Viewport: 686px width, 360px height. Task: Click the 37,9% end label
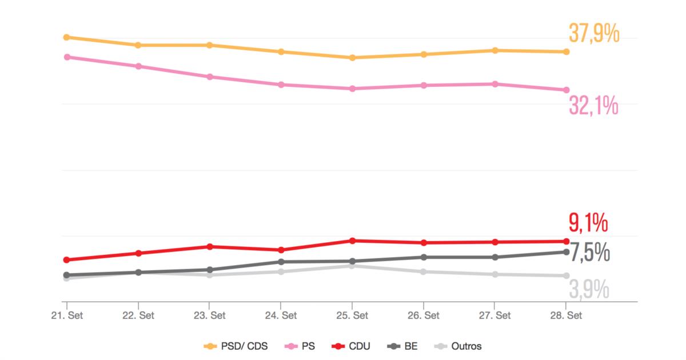(593, 34)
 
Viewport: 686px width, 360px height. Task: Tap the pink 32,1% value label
(593, 106)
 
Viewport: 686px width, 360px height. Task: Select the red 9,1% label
(588, 223)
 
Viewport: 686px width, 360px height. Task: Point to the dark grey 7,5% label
(590, 253)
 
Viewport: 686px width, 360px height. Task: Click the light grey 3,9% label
(588, 290)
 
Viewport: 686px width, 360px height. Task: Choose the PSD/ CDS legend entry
(236, 346)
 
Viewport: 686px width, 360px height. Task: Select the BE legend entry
(404, 346)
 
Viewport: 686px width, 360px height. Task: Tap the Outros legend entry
(458, 346)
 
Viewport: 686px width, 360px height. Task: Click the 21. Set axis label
(66, 315)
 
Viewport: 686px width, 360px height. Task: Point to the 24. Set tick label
(281, 315)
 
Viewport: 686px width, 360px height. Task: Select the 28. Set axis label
(566, 315)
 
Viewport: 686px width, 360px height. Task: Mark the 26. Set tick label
(424, 315)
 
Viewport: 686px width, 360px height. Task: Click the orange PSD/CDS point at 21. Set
(66, 37)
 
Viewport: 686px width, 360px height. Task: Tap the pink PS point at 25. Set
(352, 89)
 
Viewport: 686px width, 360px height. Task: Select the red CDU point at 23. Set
(210, 246)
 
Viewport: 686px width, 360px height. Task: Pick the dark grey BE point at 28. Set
(566, 251)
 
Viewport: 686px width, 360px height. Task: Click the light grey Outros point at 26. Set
(424, 271)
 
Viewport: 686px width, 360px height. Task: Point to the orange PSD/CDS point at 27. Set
(494, 50)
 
